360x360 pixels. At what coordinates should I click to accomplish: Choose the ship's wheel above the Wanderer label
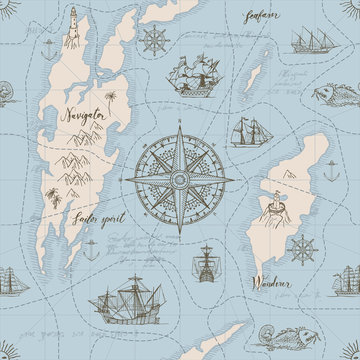300,247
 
